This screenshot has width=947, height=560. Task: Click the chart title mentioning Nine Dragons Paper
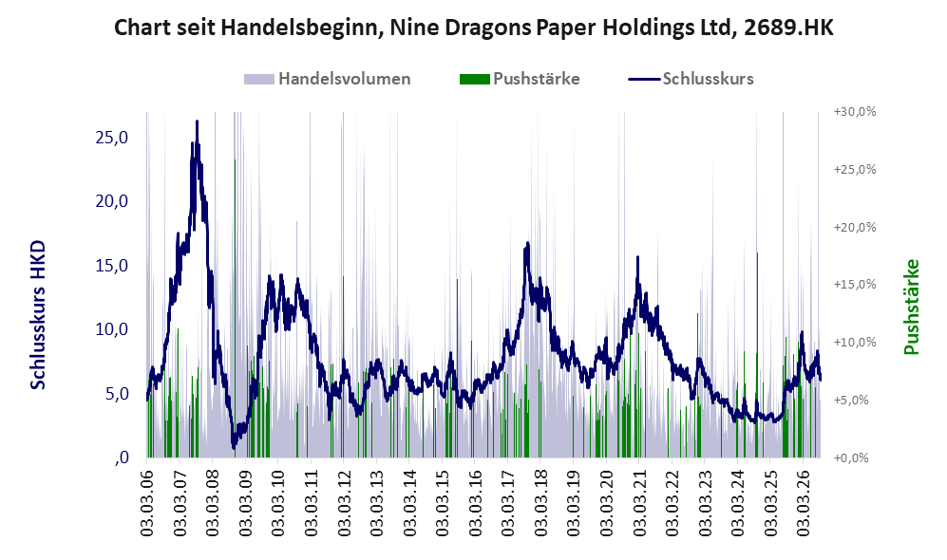(x=473, y=28)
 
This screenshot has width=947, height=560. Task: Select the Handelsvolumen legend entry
(x=327, y=79)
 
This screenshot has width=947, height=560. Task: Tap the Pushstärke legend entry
(x=520, y=79)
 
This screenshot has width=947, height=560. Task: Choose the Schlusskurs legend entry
(x=691, y=79)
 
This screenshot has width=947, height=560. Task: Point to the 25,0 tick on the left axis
(x=112, y=138)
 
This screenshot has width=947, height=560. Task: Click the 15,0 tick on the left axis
(x=112, y=266)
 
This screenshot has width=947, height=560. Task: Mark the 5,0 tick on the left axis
(x=117, y=394)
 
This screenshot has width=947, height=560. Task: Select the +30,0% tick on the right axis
(x=855, y=112)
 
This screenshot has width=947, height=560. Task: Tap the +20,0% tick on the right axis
(x=855, y=228)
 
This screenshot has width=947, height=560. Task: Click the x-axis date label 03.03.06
(x=147, y=502)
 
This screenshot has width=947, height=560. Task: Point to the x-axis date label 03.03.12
(x=343, y=502)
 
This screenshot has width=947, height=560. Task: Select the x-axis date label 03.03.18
(x=540, y=502)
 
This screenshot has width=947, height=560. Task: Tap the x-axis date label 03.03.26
(x=803, y=502)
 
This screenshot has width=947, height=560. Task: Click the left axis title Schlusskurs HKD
(x=38, y=315)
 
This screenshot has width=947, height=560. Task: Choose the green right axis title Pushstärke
(x=911, y=307)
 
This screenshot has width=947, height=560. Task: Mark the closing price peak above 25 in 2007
(x=197, y=121)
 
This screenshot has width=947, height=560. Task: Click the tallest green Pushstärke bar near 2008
(x=235, y=308)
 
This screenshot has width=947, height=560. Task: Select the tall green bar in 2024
(x=757, y=355)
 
